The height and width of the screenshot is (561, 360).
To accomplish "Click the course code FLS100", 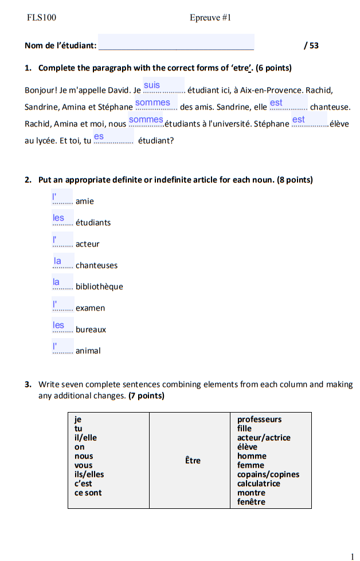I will pos(42,18).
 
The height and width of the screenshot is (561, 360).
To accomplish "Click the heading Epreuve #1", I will pos(210,18).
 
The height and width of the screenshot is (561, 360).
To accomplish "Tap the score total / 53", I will pos(311,45).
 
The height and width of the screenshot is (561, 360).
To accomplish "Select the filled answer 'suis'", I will pos(152,85).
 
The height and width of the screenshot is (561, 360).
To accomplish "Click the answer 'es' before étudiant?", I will pos(99,136).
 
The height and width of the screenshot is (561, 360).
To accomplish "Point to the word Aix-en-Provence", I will pos(271,91).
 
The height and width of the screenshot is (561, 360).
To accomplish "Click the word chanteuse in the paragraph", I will pos(330,107).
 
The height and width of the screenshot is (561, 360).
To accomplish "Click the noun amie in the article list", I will pos(84,202).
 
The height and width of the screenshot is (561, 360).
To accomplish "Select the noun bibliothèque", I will pos(99,287).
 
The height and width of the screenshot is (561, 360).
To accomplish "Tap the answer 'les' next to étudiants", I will pos(59,218).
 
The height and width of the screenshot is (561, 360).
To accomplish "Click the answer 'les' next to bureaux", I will pos(59,325).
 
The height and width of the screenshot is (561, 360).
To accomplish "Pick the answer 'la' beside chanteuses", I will pos(58,261).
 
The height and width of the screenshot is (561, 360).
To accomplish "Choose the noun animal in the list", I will pos(88,351).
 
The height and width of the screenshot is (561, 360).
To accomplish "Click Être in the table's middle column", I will pos(193,460).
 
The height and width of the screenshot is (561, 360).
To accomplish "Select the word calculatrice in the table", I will pos(259,484).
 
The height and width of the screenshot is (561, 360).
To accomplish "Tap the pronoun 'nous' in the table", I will pos(84,456).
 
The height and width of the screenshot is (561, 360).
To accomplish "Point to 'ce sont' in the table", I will pos(88,493).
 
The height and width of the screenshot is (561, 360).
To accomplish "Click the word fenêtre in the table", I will pos(251,502).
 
